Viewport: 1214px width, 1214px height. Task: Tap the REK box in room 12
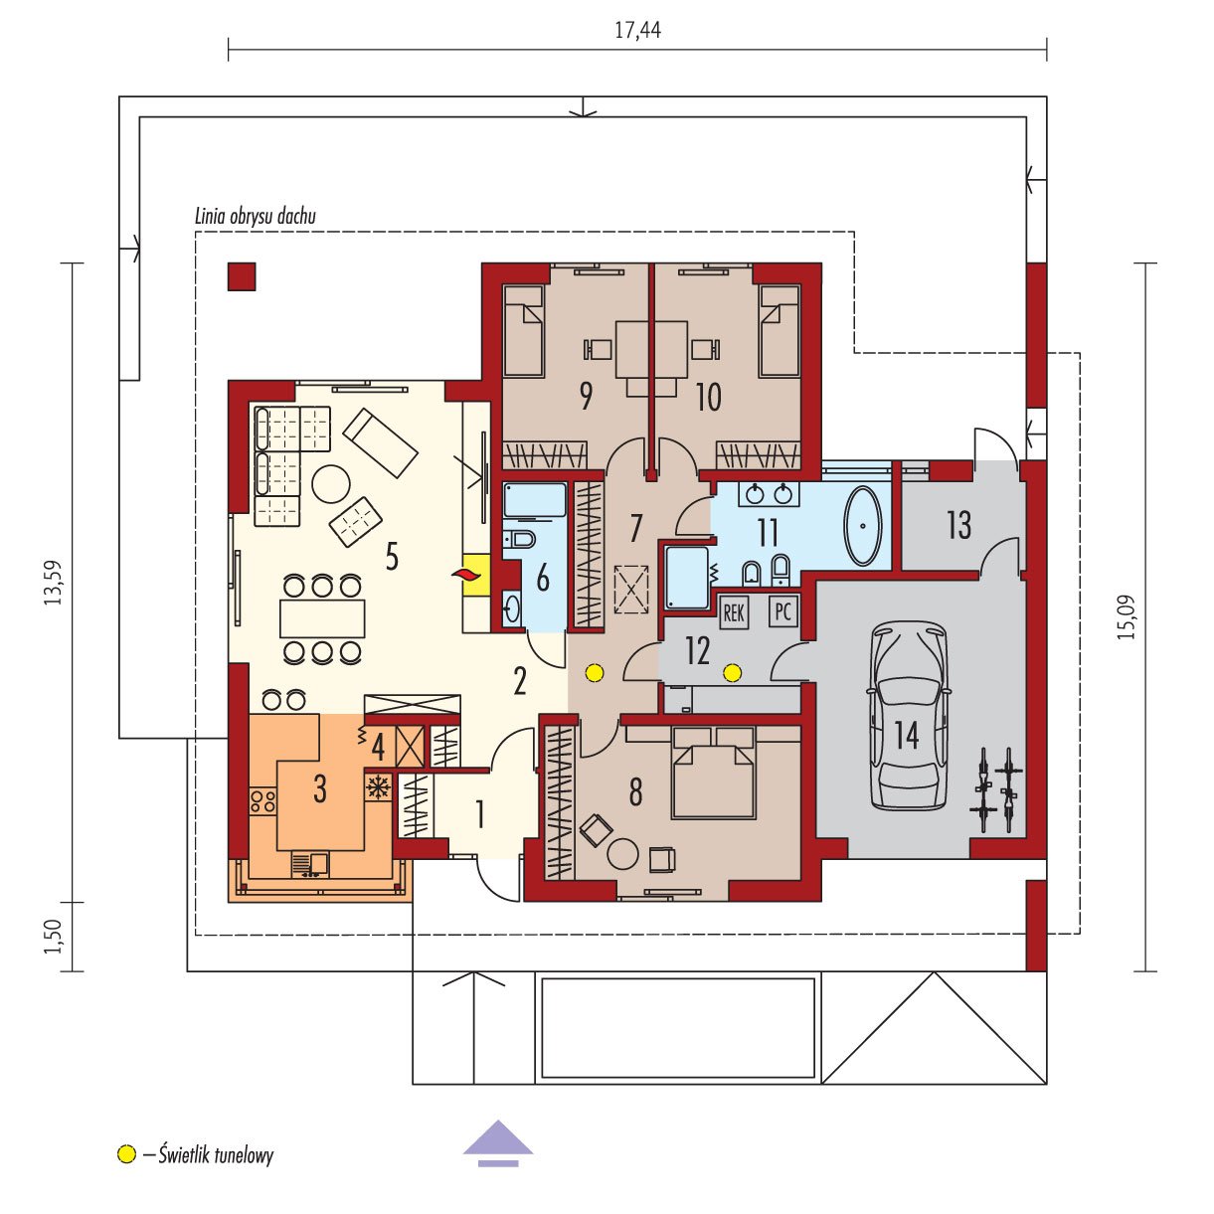point(734,611)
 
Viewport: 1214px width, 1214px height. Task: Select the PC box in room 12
point(783,611)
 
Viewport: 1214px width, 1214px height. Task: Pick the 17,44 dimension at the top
point(637,30)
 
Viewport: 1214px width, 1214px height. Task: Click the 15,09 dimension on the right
point(1127,617)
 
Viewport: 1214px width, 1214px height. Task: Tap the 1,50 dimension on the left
point(54,937)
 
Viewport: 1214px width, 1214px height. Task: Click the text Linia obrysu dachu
point(256,217)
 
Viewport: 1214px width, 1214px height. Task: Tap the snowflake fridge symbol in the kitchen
point(378,787)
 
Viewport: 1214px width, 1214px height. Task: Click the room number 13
point(958,524)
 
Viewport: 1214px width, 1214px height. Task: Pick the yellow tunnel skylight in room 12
point(732,673)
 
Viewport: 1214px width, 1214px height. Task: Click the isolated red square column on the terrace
point(242,276)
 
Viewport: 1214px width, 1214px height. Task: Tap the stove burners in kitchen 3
point(262,800)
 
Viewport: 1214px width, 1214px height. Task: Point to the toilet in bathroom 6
point(520,539)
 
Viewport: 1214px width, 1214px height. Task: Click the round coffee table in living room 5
point(331,485)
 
